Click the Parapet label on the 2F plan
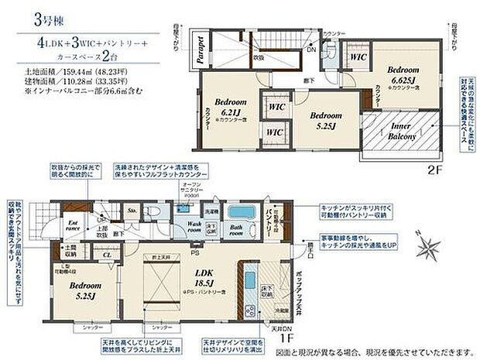(x=198, y=52)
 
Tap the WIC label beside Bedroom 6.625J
(x=358, y=57)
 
